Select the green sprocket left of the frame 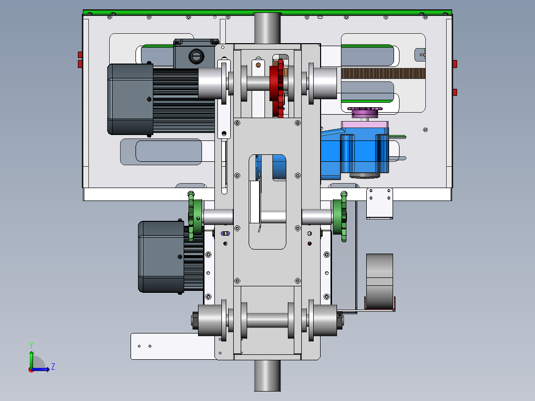(194, 216)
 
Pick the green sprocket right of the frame (340, 217)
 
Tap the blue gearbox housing (355, 153)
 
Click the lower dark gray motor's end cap (161, 257)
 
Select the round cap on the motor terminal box (196, 56)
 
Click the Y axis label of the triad (31, 345)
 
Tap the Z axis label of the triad (53, 367)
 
